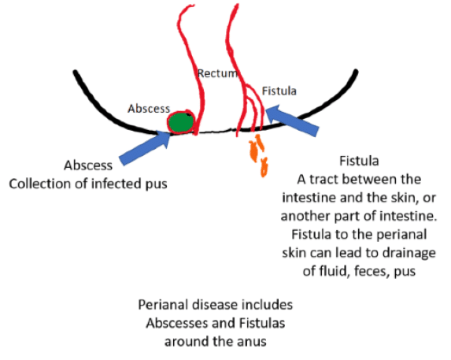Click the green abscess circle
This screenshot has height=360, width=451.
(x=180, y=122)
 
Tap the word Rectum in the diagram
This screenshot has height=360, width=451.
(x=218, y=73)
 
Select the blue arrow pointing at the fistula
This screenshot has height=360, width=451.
(x=292, y=121)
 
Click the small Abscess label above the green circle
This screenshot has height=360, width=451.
(x=149, y=109)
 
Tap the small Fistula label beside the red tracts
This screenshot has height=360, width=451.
(x=279, y=91)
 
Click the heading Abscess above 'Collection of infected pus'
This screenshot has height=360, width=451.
(x=88, y=165)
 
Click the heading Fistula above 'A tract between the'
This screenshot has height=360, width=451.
(x=359, y=161)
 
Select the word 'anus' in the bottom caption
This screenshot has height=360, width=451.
(x=251, y=342)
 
